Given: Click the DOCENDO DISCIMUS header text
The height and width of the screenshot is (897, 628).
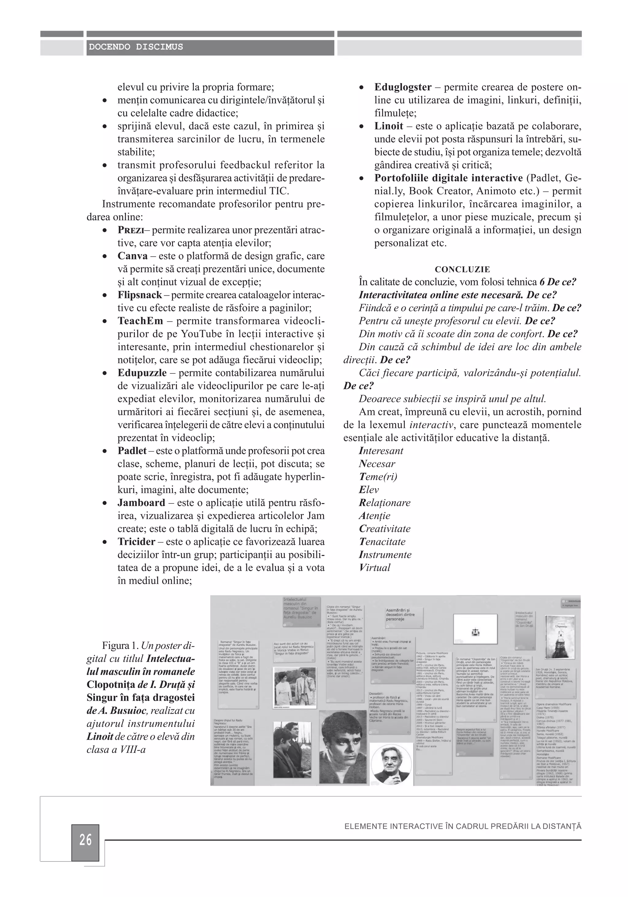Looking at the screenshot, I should pyautogui.click(x=136, y=47).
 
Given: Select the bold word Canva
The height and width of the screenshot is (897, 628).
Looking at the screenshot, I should pyautogui.click(x=132, y=256).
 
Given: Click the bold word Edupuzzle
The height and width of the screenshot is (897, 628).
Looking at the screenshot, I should pyautogui.click(x=142, y=373).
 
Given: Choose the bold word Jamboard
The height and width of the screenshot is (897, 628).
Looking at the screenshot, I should pyautogui.click(x=141, y=503).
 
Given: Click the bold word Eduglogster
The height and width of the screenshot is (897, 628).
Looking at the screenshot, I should pyautogui.click(x=403, y=87).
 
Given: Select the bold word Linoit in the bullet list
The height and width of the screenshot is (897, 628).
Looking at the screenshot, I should pyautogui.click(x=389, y=126).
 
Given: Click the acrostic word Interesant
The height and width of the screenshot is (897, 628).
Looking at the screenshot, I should pyautogui.click(x=381, y=451).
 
